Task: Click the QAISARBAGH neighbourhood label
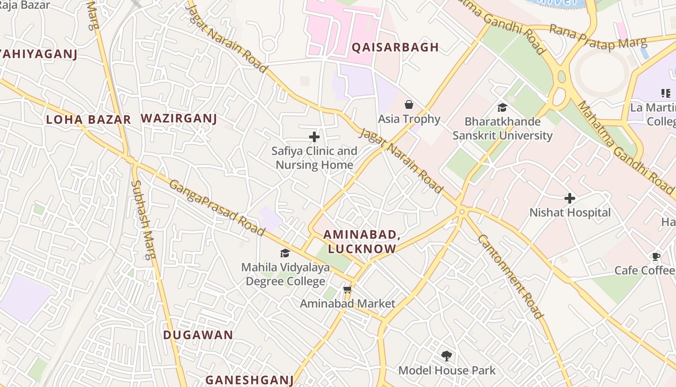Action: point(395,47)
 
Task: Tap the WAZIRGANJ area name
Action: point(179,119)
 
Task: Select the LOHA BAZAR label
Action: point(88,120)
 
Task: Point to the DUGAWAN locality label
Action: point(198,335)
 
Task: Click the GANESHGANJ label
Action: point(250,380)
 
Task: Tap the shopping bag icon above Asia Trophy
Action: point(409,104)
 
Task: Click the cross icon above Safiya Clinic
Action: point(314,137)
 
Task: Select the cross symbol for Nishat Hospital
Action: point(570,198)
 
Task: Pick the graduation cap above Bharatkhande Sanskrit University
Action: point(503,107)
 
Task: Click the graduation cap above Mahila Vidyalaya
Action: point(285,253)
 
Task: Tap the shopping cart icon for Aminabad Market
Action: point(347,290)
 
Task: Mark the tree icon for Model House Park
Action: point(447,356)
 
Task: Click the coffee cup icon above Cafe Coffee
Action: point(656,256)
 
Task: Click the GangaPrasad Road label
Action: point(217,208)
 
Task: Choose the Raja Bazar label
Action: point(25,6)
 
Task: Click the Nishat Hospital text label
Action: point(570,213)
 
